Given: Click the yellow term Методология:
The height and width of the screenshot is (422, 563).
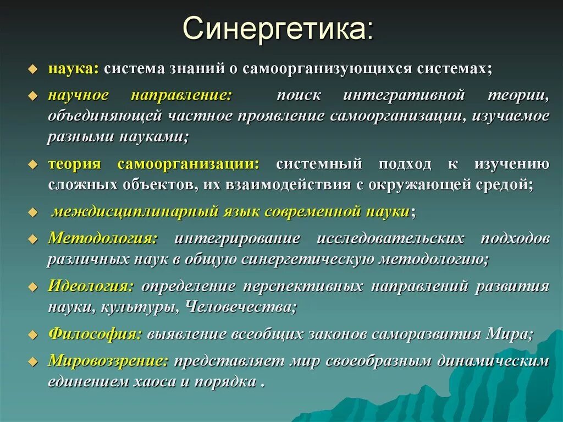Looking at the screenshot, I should tap(103, 238).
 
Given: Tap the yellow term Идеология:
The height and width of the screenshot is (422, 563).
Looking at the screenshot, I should tap(91, 286).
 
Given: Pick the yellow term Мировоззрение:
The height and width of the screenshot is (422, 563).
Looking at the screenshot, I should tap(108, 361).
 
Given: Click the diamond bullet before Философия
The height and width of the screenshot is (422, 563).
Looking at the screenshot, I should tap(33, 335).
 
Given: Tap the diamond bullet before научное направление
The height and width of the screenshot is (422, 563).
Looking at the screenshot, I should tap(33, 96).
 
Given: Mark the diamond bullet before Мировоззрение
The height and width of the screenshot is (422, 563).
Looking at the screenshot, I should tap(33, 361).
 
